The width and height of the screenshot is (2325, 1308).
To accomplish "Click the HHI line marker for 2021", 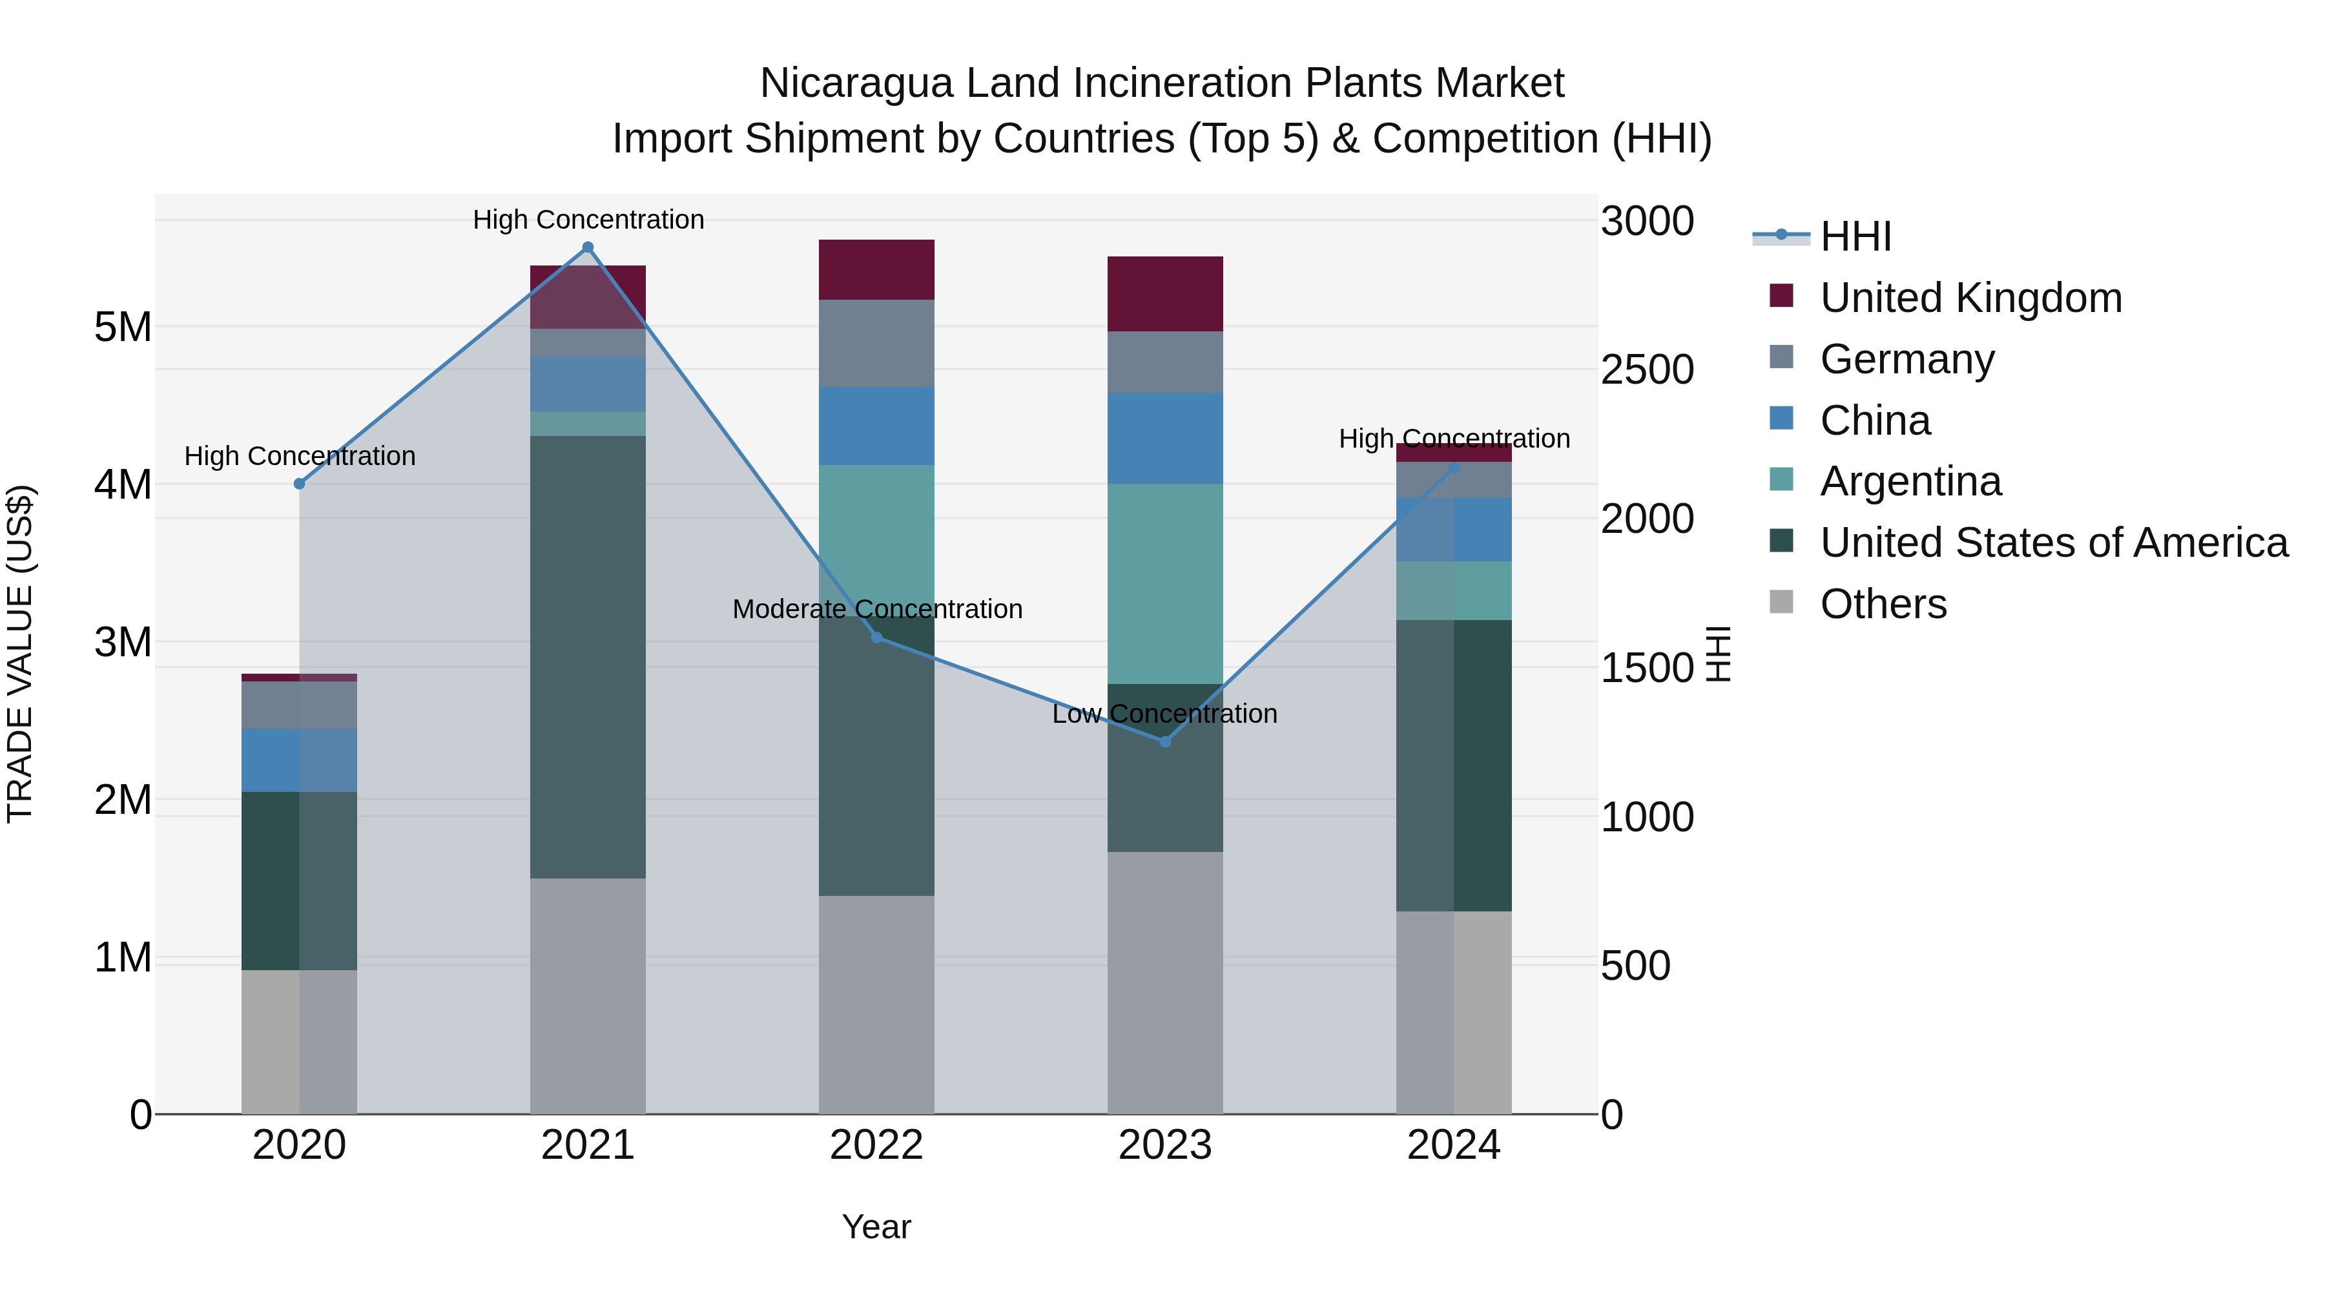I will tap(588, 247).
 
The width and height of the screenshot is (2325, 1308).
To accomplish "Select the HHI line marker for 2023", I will tap(1164, 741).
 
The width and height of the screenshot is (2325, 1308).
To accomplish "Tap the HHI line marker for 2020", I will tap(300, 484).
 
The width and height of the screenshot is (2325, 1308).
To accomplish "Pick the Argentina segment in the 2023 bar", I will tap(1164, 583).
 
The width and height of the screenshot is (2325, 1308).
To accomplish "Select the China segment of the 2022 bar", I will tap(876, 426).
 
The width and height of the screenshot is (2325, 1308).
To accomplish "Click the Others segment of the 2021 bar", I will tap(588, 995).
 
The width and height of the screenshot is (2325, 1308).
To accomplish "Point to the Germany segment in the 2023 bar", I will tap(1164, 361).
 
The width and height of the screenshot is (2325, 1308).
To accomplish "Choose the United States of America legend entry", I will tap(2053, 543).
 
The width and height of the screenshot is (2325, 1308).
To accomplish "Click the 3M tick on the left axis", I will tap(123, 642).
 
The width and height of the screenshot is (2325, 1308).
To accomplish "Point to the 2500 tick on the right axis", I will tap(1646, 370).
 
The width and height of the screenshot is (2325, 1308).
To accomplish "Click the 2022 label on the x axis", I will tap(876, 1145).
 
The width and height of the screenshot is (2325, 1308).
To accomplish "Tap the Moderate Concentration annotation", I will tap(876, 609).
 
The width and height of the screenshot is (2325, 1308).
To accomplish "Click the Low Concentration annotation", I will tap(1164, 714).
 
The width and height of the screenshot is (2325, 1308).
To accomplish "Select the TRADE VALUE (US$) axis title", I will tap(20, 654).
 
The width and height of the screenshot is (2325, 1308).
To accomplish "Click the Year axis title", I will tap(876, 1227).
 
